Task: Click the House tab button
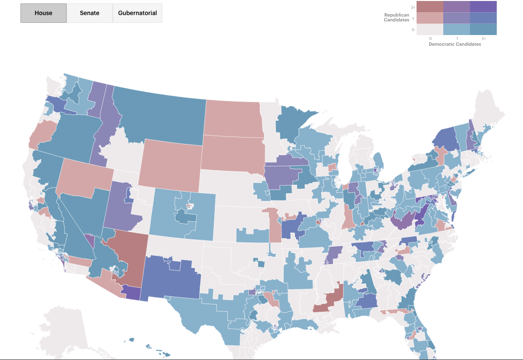(x=43, y=13)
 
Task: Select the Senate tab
(x=89, y=13)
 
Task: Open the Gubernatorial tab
(x=138, y=13)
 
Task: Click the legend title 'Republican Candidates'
(x=397, y=18)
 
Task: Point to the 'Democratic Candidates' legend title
(x=454, y=44)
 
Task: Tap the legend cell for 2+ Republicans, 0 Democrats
(x=430, y=7)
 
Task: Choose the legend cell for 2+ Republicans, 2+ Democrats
(x=483, y=7)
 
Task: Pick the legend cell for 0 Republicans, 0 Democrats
(x=430, y=30)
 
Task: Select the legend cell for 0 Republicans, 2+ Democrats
(x=483, y=30)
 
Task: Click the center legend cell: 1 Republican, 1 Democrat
(x=456, y=18)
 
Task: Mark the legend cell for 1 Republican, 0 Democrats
(x=430, y=18)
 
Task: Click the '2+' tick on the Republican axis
(x=413, y=7)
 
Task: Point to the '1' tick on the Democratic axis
(x=456, y=38)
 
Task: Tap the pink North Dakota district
(x=232, y=118)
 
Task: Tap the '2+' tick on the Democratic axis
(x=483, y=38)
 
